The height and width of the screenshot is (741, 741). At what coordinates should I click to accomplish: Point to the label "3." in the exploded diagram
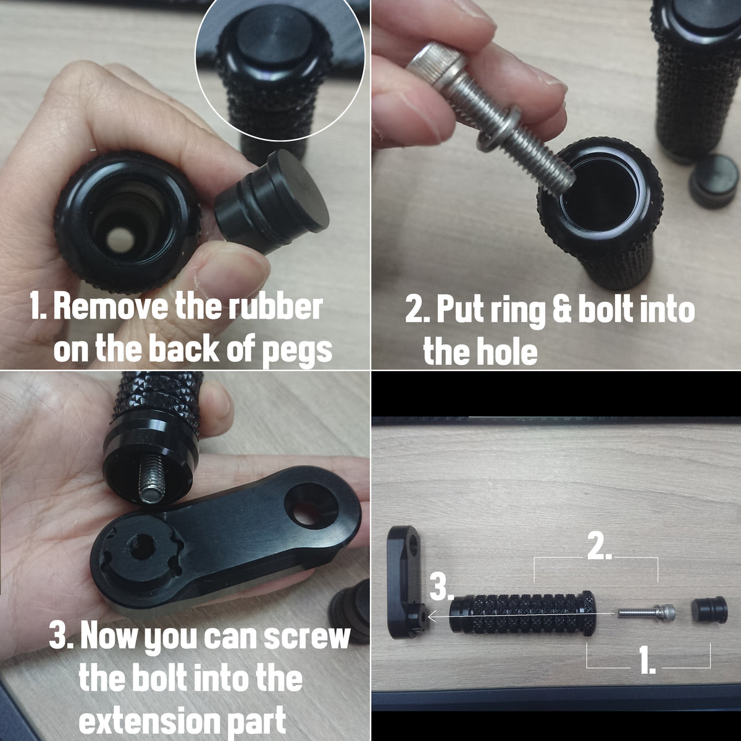441,588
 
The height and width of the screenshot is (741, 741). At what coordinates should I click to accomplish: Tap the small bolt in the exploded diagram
646,612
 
